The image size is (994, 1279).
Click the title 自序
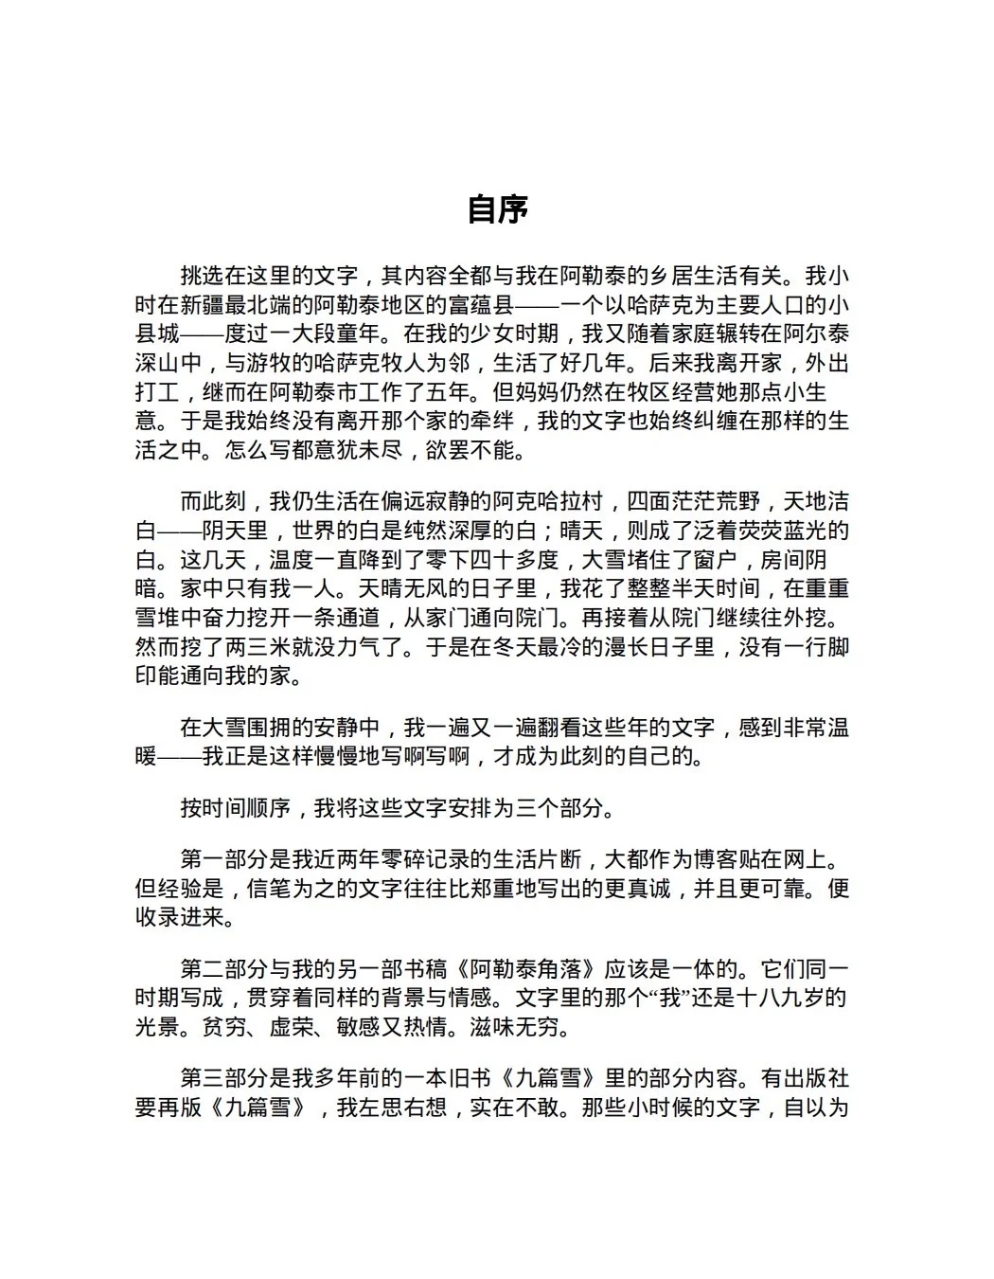tap(497, 209)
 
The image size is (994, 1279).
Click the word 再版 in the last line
tap(179, 1108)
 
